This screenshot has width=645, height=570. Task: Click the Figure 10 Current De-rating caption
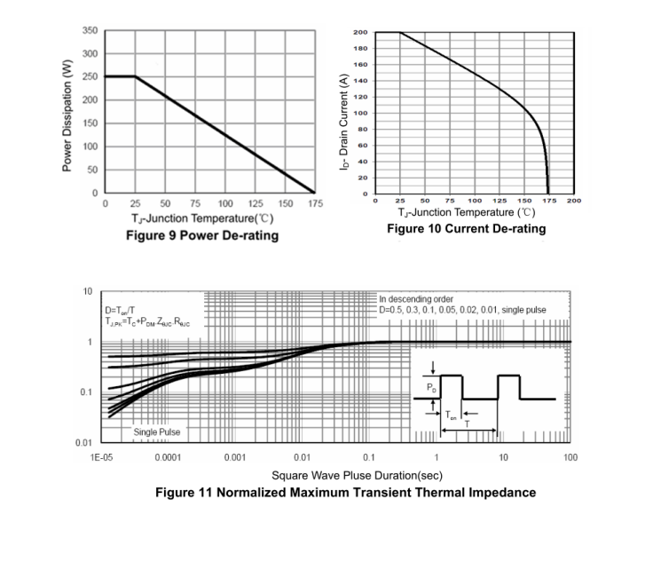[466, 229]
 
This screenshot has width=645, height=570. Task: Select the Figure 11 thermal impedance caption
[345, 493]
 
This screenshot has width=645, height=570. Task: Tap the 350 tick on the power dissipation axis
[90, 30]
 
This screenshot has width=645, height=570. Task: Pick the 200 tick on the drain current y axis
[361, 33]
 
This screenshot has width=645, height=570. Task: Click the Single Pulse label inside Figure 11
[156, 432]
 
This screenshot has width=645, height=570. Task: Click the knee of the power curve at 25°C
[135, 76]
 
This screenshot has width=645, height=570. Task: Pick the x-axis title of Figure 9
[201, 218]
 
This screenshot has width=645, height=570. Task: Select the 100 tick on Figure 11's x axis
[570, 457]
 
